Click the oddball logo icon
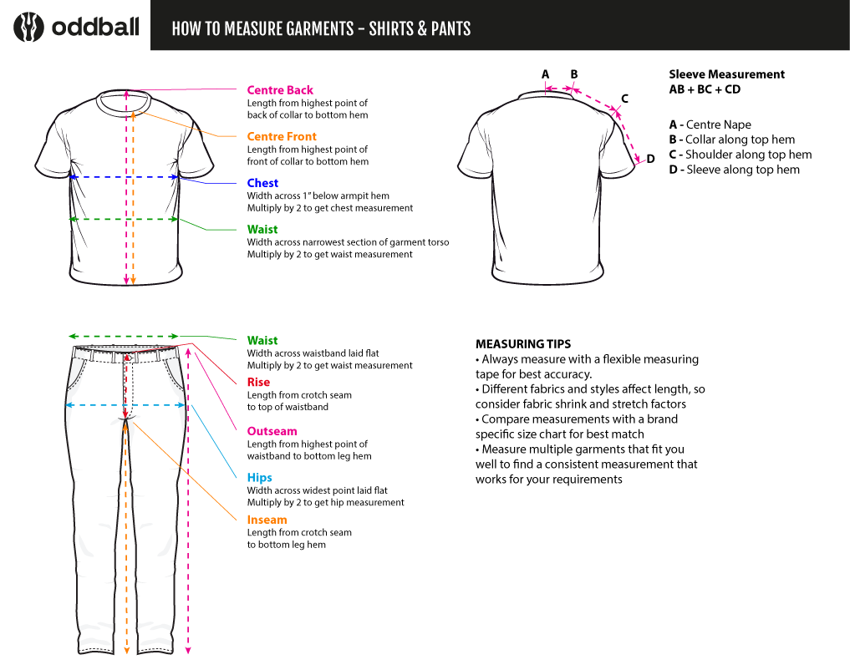point(28,27)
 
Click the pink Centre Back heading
point(280,90)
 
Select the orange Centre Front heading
point(282,136)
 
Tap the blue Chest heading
point(262,183)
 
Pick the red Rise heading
point(258,383)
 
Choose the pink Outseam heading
point(272,432)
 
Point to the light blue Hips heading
point(259,478)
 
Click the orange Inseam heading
point(267,520)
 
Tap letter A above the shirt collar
point(546,74)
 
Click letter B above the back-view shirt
point(574,74)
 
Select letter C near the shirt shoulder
point(624,99)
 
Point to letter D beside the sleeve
point(650,159)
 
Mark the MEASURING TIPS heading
point(523,344)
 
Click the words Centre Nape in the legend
point(719,124)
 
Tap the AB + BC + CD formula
point(705,89)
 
